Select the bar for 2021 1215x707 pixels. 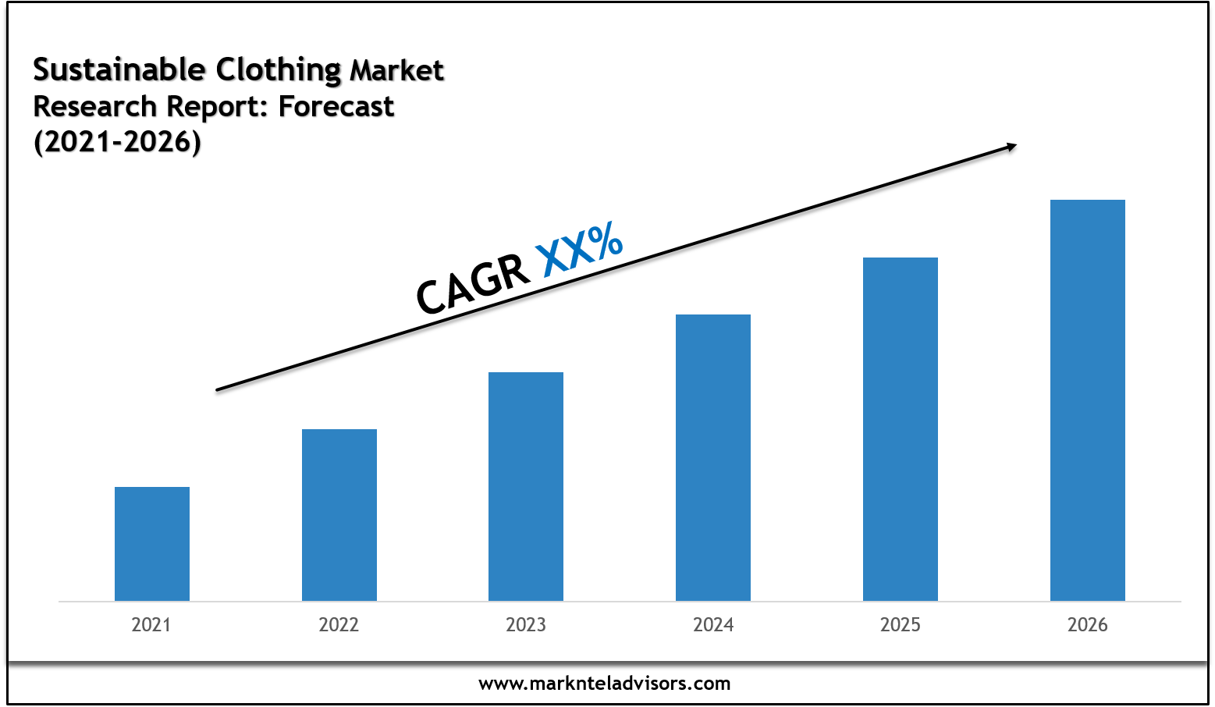(x=152, y=544)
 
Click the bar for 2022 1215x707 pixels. (x=339, y=515)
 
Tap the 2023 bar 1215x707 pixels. (x=526, y=486)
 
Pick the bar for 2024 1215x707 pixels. (x=713, y=457)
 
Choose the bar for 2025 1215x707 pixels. (x=901, y=429)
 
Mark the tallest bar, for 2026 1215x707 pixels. (x=1088, y=400)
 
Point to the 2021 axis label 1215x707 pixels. (x=151, y=625)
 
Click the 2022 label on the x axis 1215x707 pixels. (x=339, y=625)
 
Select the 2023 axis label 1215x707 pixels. (x=526, y=625)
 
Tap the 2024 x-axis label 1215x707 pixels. (x=713, y=625)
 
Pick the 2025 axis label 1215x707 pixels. (x=901, y=625)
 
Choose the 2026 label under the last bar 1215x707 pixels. (x=1088, y=625)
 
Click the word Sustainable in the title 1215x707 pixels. (x=119, y=70)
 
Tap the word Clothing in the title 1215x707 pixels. (x=278, y=71)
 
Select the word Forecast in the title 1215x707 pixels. (x=336, y=106)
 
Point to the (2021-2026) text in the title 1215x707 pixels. (x=117, y=142)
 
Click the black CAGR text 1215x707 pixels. (x=471, y=286)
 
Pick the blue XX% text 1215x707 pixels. (x=579, y=249)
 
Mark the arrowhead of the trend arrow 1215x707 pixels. (x=1012, y=146)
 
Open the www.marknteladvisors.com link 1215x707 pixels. (x=605, y=684)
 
